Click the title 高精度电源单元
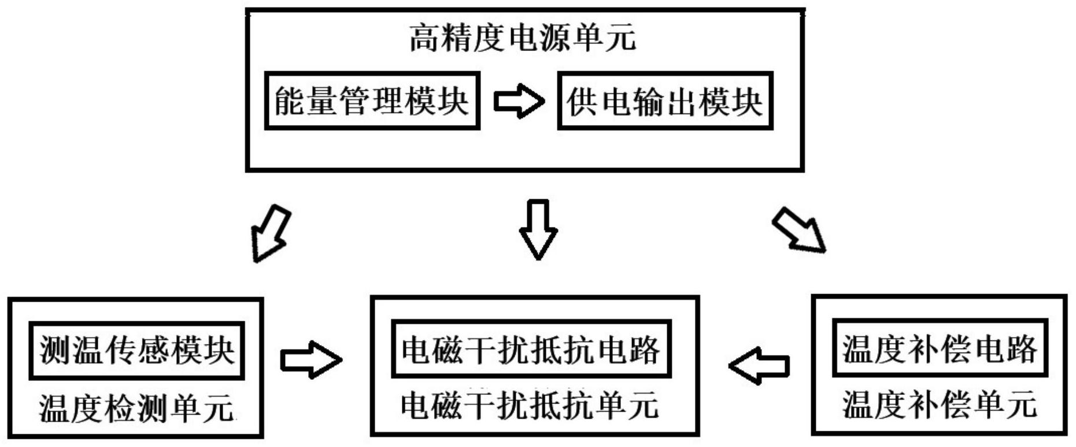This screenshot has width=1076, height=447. pos(522,38)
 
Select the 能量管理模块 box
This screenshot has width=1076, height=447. pos(372,101)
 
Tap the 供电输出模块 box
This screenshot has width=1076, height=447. pos(664,101)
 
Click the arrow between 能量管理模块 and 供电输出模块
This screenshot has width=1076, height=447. pos(519,101)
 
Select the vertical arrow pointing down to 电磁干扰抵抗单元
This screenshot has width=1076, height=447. pos(538,229)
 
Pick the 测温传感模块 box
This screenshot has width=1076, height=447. pos(137,350)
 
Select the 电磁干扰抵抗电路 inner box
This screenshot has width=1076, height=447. pos(531,349)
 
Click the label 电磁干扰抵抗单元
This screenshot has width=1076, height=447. pos(529,405)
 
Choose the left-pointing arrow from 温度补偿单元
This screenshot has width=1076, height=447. pos(759,365)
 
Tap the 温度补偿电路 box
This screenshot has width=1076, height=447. pos(939,348)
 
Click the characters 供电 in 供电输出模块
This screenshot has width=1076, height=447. pos(599,101)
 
